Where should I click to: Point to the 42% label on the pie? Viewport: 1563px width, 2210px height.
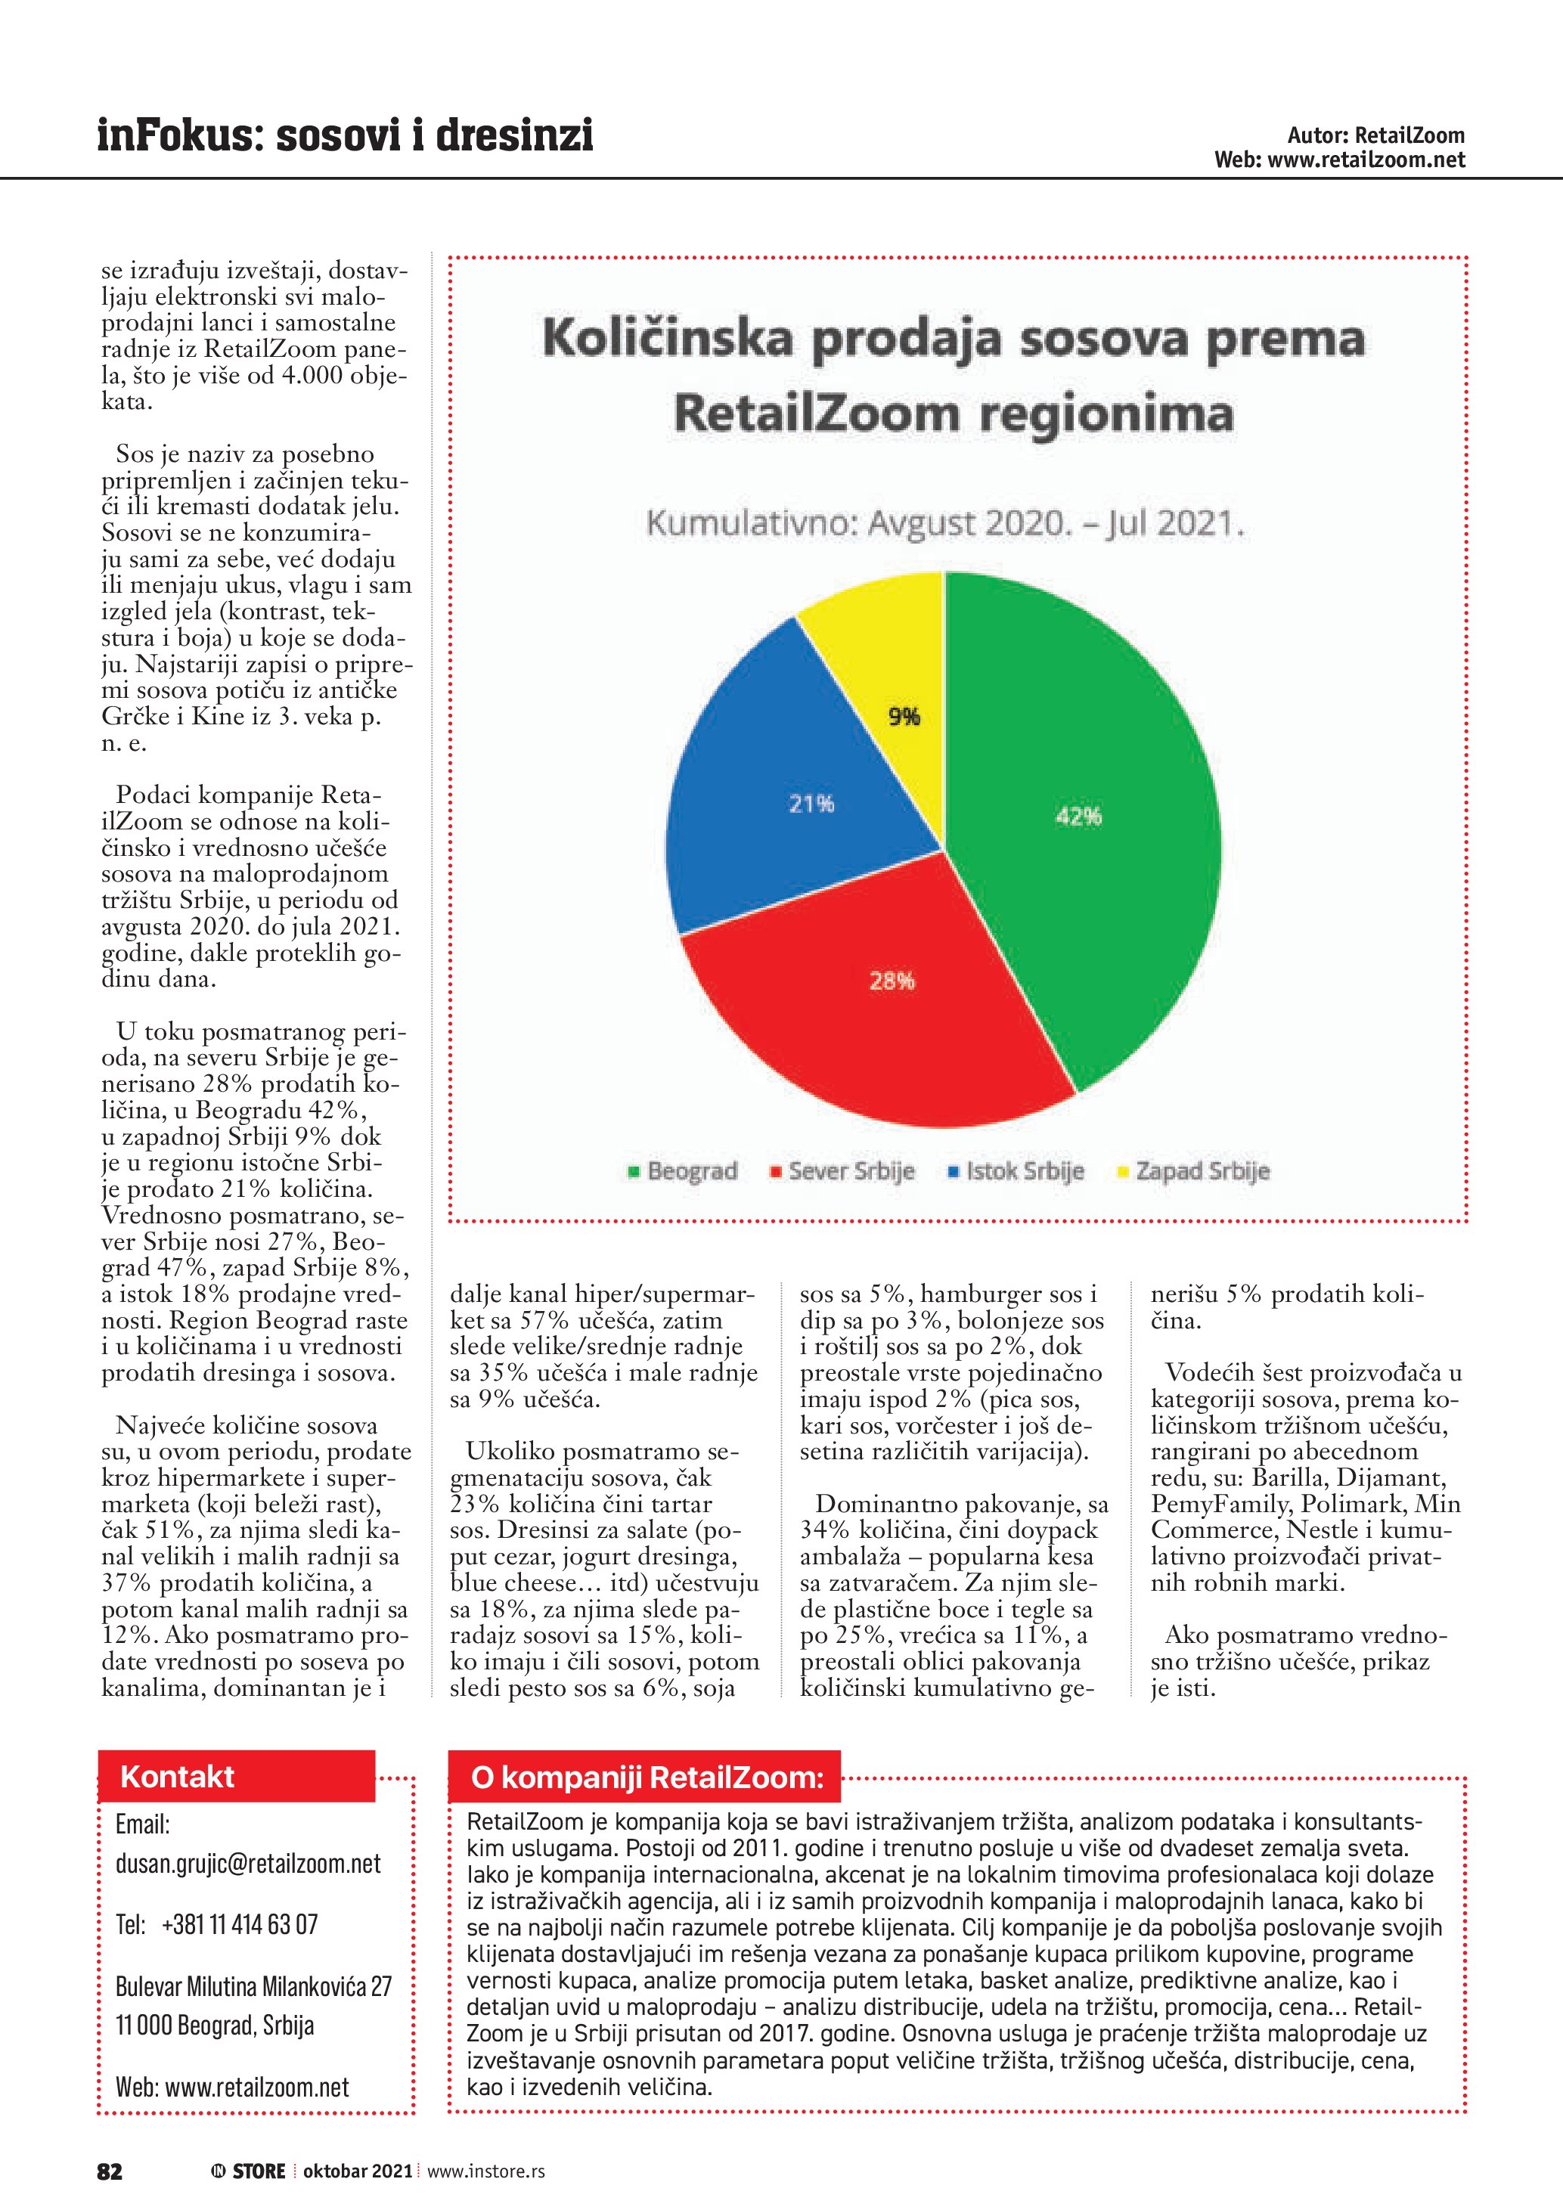coord(1078,817)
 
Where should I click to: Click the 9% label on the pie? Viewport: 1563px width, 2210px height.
coord(904,716)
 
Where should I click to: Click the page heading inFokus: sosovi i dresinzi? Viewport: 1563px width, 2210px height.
coord(345,136)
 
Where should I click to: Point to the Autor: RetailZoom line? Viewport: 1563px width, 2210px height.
coord(1375,136)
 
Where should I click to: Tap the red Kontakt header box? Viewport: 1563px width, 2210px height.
coord(236,1777)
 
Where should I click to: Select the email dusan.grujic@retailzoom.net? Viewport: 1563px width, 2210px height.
coord(248,1864)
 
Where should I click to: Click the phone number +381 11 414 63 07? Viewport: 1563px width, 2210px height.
coord(240,1924)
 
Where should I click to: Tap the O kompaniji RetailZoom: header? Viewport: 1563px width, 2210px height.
coord(645,1778)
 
